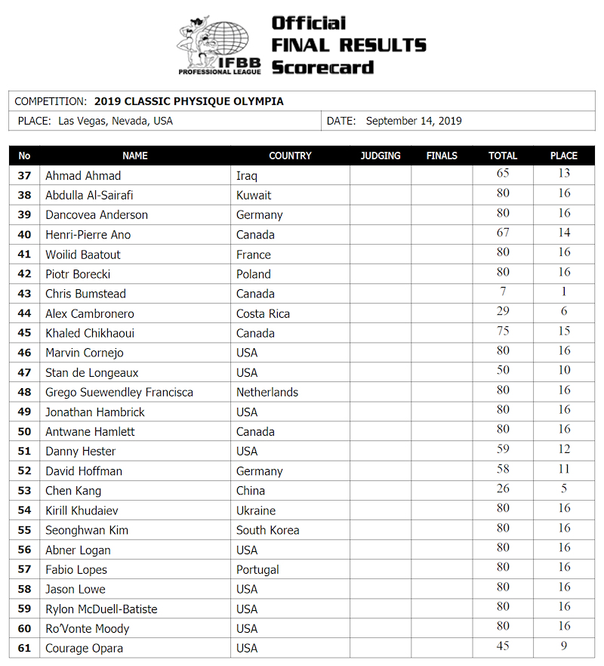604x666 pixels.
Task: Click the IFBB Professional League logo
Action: (219, 46)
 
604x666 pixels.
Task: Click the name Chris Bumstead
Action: (85, 294)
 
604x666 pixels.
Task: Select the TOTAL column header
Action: (503, 156)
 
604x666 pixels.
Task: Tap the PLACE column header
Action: (564, 156)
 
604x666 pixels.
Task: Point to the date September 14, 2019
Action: (414, 121)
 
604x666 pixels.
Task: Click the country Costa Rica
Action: (263, 313)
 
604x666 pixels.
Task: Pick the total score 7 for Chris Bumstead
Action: (503, 291)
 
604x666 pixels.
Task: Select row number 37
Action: (25, 176)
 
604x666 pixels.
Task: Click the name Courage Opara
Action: (84, 648)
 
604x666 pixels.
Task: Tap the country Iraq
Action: (247, 176)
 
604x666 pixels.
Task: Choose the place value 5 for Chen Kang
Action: (564, 489)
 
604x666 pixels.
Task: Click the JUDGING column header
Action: (381, 156)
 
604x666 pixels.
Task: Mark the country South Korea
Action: (267, 530)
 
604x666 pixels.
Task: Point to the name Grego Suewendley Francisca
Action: (119, 392)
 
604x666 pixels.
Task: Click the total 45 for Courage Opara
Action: (503, 646)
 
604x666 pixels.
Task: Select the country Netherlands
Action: (267, 392)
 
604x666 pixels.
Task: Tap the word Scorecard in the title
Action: (322, 67)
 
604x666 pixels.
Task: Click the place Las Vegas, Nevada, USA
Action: (116, 121)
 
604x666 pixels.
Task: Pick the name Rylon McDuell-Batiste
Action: (101, 609)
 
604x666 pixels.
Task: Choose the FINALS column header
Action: (442, 156)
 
